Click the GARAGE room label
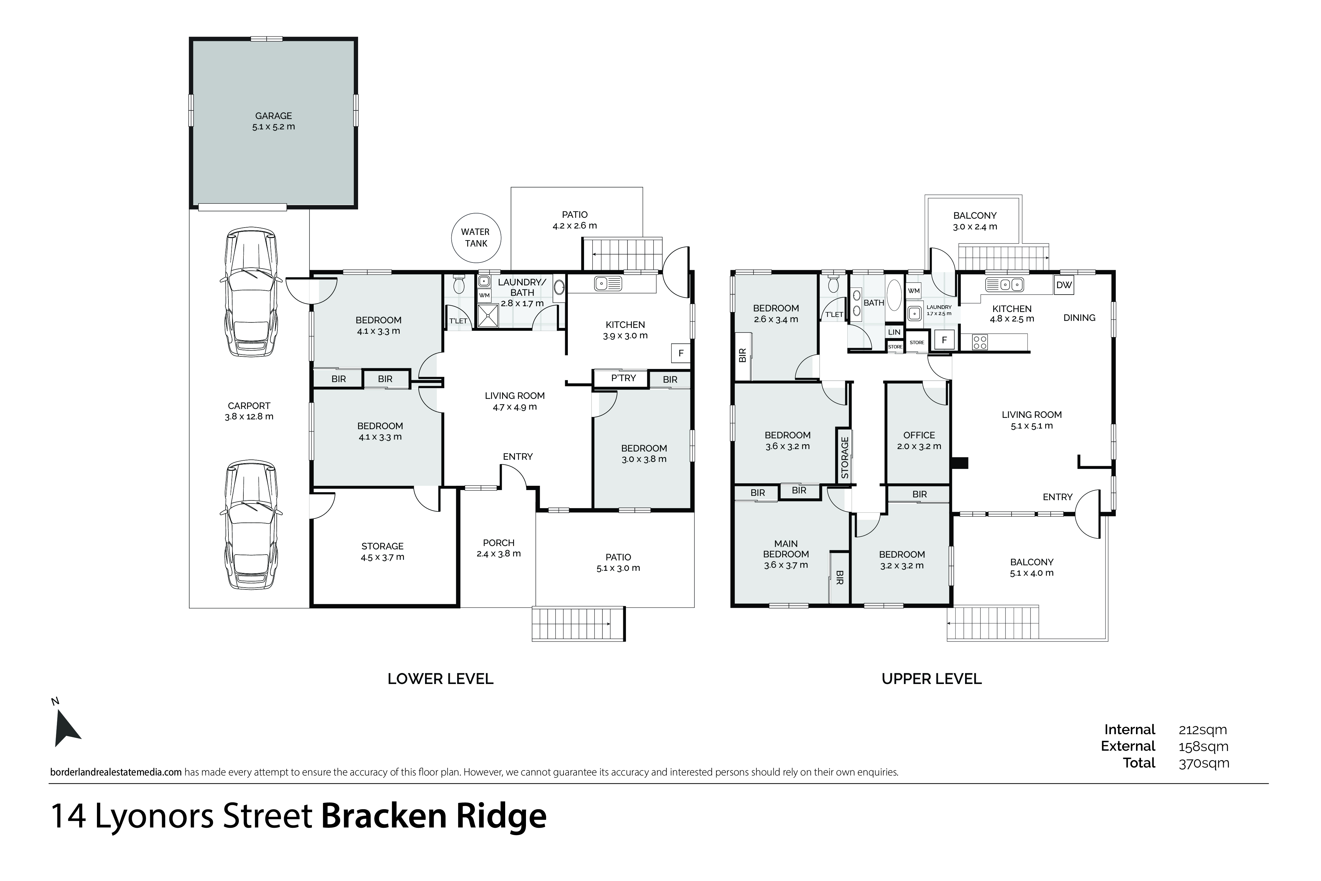[x=273, y=116]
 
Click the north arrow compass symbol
[x=66, y=728]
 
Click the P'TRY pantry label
[x=623, y=378]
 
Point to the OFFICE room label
[x=919, y=435]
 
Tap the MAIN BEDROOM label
[x=786, y=548]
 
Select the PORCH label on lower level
[x=499, y=543]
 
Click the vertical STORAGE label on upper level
[x=845, y=458]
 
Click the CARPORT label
[x=249, y=406]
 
